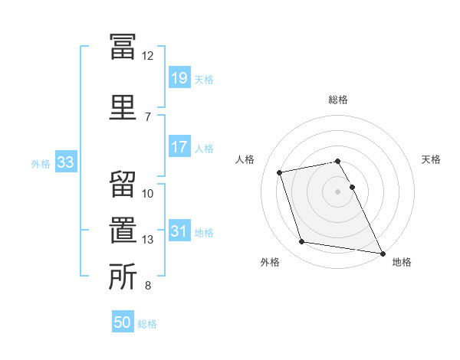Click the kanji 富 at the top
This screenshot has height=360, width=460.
[x=123, y=47]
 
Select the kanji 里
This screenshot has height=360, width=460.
[x=123, y=107]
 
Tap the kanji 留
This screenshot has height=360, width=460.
[x=123, y=185]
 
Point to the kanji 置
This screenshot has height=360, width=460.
[x=123, y=230]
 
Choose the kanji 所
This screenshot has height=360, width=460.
[x=123, y=277]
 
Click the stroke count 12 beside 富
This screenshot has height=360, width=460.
[x=147, y=56]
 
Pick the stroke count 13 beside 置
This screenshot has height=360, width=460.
[x=147, y=240]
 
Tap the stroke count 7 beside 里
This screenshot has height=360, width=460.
[x=148, y=117]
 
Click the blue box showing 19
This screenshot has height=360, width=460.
[x=179, y=77]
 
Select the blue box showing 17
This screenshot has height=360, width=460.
[x=179, y=146]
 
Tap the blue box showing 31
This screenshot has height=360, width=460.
[x=179, y=230]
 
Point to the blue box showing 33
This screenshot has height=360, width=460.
[x=66, y=162]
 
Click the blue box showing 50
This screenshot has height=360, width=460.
[x=123, y=321]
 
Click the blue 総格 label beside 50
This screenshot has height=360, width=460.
[x=147, y=324]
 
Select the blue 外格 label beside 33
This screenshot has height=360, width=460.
[x=41, y=164]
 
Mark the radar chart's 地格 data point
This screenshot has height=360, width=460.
[x=383, y=254]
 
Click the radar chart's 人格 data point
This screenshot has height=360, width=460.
[x=279, y=172]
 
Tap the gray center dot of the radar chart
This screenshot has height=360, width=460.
[x=337, y=191]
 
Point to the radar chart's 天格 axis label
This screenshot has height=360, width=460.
[x=431, y=159]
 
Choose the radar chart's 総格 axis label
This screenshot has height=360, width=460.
[x=338, y=100]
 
